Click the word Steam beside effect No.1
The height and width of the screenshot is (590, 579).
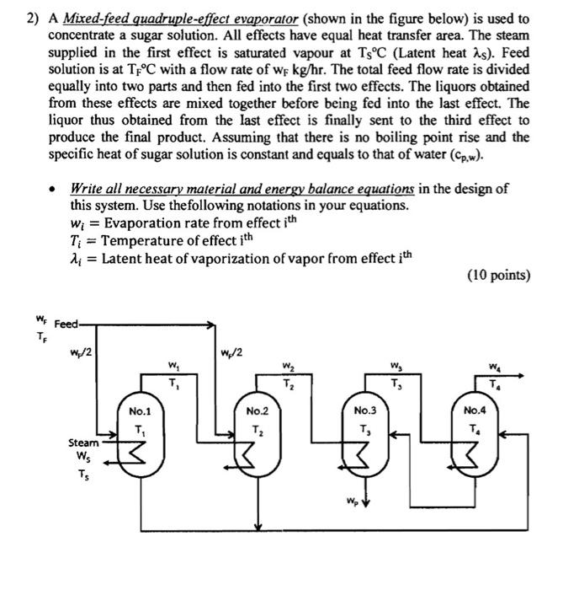coord(83,442)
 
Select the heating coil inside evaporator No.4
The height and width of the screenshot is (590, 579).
coord(472,458)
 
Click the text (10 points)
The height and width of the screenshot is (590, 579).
coord(501,276)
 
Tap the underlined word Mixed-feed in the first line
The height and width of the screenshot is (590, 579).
coord(94,18)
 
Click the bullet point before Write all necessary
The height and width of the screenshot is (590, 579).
coord(53,190)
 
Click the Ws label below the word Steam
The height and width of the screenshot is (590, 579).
coord(83,458)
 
